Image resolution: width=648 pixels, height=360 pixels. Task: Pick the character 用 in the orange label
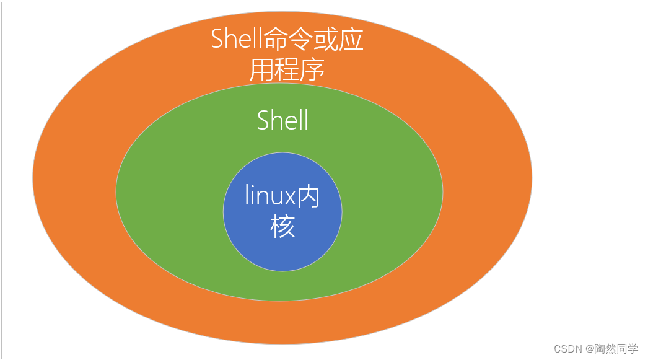click(x=261, y=69)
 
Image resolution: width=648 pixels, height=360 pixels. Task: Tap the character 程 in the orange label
click(x=286, y=69)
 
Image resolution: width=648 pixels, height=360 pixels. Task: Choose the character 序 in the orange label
click(x=312, y=69)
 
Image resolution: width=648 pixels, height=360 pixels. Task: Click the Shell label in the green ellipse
click(x=282, y=120)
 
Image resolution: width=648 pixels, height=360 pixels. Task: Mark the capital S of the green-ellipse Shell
click(x=263, y=120)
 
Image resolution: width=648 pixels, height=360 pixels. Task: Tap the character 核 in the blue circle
click(x=282, y=226)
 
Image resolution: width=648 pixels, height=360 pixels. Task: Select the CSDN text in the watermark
click(x=567, y=349)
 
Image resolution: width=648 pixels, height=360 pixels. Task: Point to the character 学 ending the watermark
click(x=633, y=349)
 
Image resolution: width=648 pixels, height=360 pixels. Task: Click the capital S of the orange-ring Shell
click(x=217, y=39)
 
